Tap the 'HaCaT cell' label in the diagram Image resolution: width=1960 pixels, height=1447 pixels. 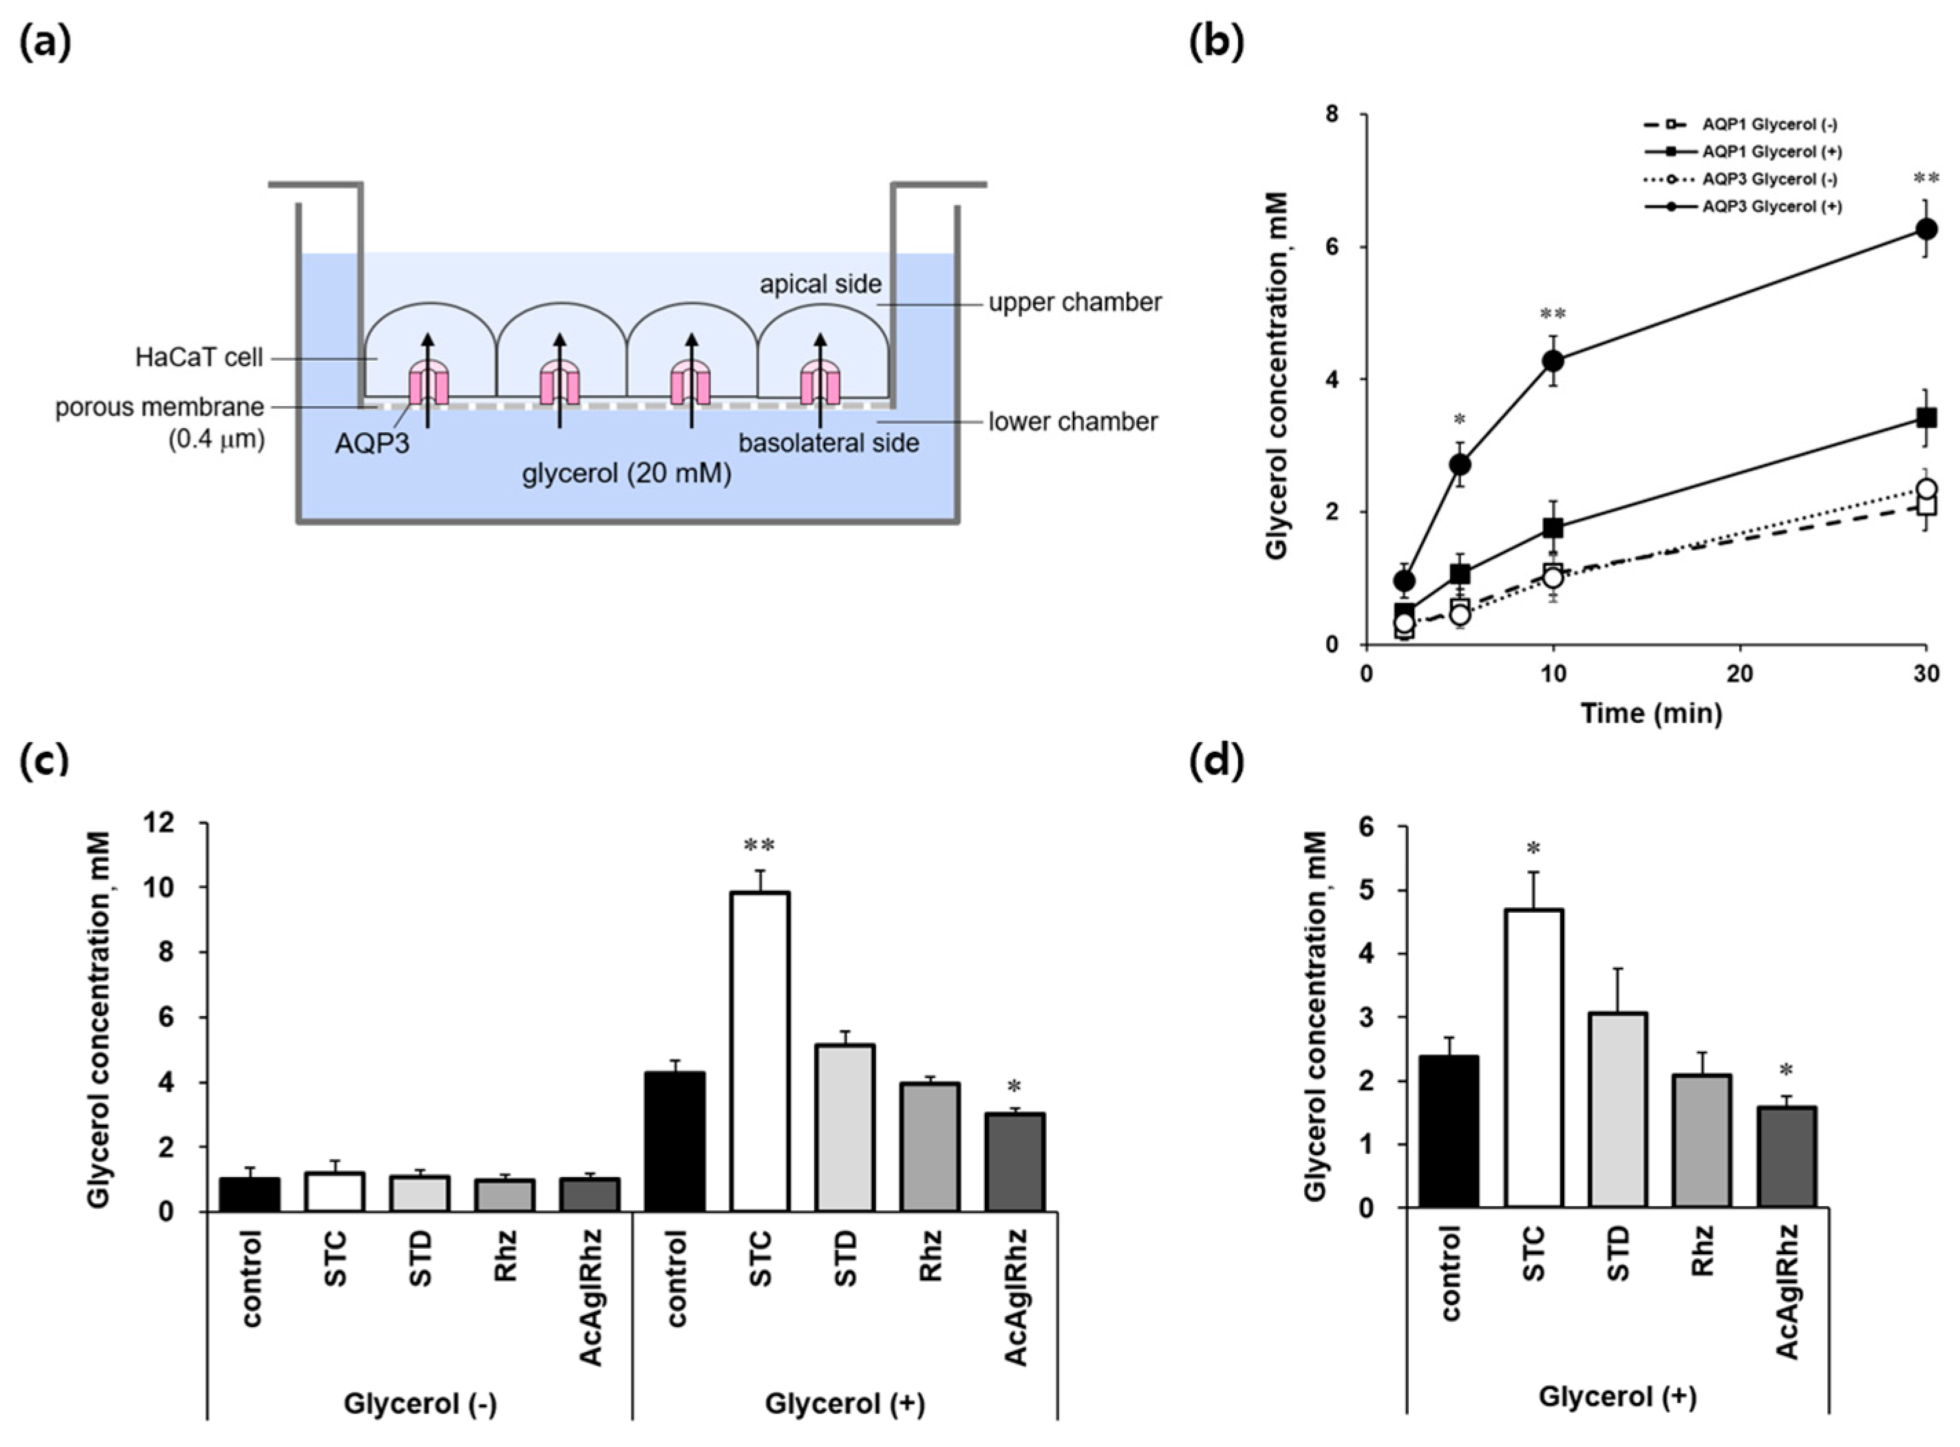click(x=199, y=358)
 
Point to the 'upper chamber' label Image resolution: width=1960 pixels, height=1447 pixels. click(x=1074, y=303)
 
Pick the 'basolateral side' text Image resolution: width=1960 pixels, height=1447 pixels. click(x=828, y=443)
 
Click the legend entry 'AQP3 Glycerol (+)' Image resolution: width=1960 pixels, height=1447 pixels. click(x=1771, y=207)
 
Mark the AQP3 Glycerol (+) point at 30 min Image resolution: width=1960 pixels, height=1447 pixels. click(x=1925, y=229)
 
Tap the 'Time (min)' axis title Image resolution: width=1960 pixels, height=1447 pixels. click(x=1651, y=714)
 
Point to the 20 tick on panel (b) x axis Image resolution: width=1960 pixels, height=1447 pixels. click(x=1739, y=673)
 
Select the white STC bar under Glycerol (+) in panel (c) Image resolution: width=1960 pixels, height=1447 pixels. click(x=760, y=1051)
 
